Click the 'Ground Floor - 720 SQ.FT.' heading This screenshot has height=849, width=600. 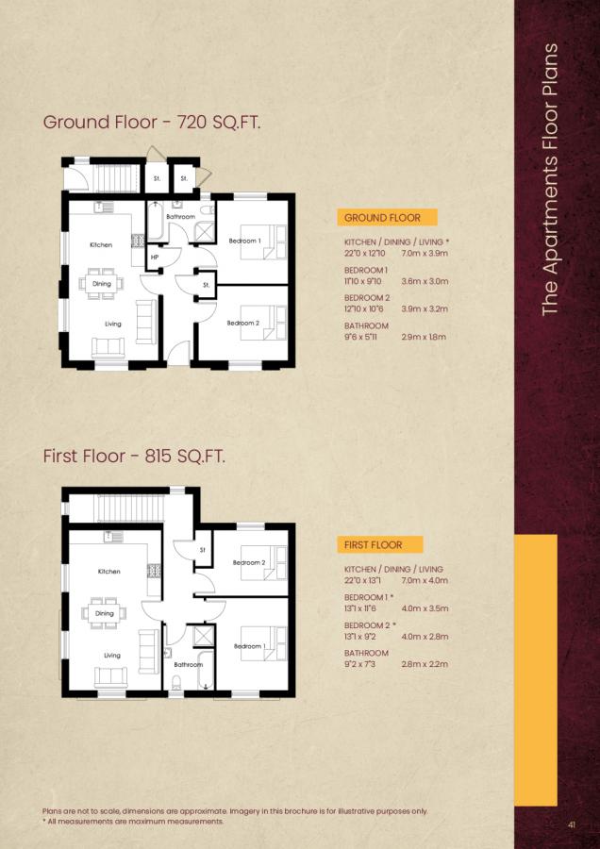[x=152, y=123]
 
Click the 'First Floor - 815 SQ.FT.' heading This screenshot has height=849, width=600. [x=134, y=457]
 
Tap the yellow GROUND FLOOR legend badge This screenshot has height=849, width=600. [x=382, y=218]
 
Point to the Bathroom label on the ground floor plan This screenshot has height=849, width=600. [x=180, y=217]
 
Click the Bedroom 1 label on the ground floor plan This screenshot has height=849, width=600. [x=244, y=241]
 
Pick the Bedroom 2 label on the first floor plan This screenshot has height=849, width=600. [x=250, y=563]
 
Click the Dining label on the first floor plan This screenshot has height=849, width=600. [x=104, y=613]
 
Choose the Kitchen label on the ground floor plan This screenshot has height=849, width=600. [x=101, y=245]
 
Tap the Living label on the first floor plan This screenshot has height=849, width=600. [x=112, y=655]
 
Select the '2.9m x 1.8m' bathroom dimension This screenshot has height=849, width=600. [x=423, y=337]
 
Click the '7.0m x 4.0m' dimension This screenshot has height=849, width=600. [x=424, y=581]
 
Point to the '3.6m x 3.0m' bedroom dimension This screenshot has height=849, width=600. [x=424, y=280]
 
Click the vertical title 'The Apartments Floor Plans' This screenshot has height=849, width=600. [x=552, y=179]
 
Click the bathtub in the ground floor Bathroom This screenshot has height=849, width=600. [x=156, y=224]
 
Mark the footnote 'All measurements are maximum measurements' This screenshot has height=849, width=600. [x=135, y=822]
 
